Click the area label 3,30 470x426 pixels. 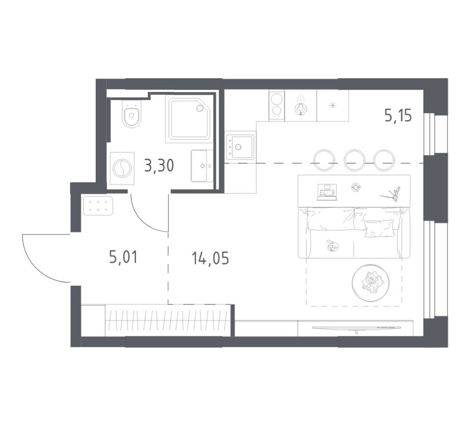159,166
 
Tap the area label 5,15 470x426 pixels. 398,115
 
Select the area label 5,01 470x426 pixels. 124,257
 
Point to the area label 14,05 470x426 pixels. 210,258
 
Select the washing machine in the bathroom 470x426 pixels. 122,168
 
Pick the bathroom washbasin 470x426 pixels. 202,166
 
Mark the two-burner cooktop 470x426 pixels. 277,105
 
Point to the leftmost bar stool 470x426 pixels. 324,159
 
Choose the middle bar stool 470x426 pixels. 354,159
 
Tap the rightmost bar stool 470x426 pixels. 385,159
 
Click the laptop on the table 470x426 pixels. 326,192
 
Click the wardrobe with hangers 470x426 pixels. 167,320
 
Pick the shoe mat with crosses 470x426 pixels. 98,205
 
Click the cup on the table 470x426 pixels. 356,186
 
